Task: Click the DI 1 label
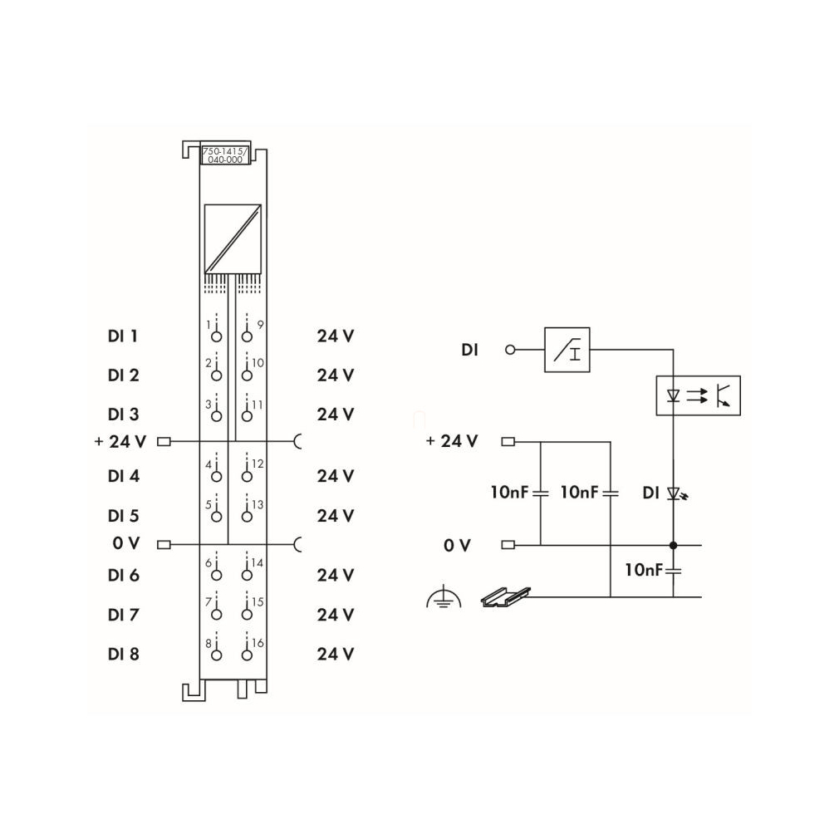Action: tap(123, 336)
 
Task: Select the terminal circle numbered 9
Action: tap(247, 336)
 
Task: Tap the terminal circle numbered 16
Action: tap(247, 655)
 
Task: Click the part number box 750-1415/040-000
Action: tap(225, 155)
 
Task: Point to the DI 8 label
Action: tap(123, 654)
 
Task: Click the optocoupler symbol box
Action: tap(699, 395)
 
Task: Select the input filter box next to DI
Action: tap(567, 350)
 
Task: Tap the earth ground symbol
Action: tap(444, 597)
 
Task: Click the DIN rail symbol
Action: tap(506, 596)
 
